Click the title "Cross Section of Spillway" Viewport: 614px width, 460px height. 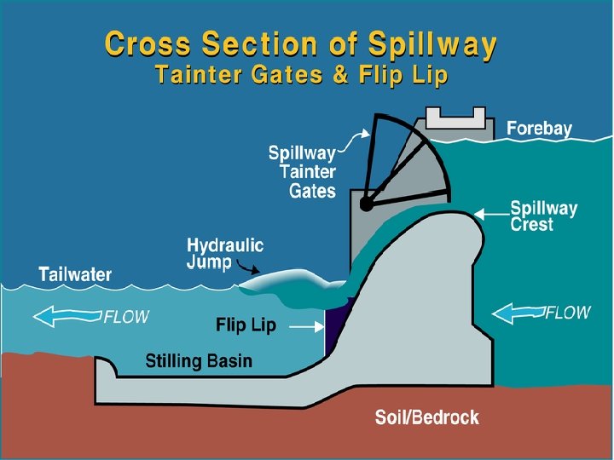pos(299,45)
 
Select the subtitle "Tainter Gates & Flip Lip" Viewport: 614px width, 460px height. pos(301,75)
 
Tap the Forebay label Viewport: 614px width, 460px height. pos(539,129)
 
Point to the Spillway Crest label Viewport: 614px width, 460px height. pos(543,216)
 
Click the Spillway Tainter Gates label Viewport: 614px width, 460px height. pos(303,172)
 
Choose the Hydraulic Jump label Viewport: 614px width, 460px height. pos(225,254)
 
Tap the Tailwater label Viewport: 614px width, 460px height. pos(75,274)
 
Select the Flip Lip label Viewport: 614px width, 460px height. pos(245,325)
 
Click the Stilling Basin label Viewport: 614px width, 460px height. pos(199,361)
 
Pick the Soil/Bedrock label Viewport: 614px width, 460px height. pos(427,417)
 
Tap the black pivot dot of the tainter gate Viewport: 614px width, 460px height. pos(366,204)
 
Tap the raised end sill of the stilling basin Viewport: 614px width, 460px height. pos(106,369)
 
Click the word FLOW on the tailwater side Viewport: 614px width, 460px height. pos(126,317)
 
